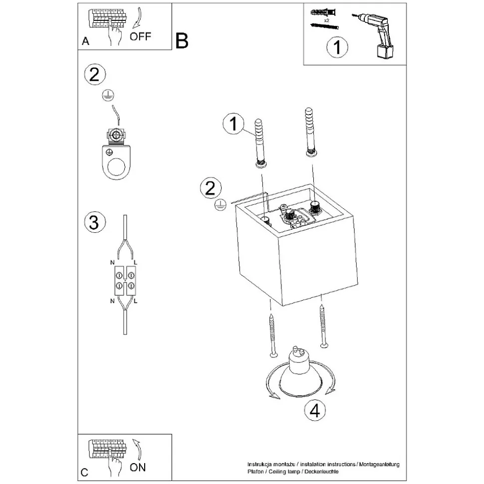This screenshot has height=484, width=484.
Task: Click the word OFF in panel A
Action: [140, 36]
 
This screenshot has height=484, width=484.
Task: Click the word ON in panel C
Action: [138, 467]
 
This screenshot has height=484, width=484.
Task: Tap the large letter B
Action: [182, 41]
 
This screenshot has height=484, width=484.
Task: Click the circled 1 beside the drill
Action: [337, 47]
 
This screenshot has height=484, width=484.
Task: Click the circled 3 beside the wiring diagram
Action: [94, 222]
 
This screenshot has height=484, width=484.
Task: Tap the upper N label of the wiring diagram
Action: [112, 262]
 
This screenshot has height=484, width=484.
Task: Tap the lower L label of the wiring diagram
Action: [136, 302]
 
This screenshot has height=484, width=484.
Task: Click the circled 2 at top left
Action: [95, 75]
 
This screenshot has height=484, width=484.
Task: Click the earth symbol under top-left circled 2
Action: [106, 97]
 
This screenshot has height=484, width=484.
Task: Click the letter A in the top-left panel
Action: [85, 42]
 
